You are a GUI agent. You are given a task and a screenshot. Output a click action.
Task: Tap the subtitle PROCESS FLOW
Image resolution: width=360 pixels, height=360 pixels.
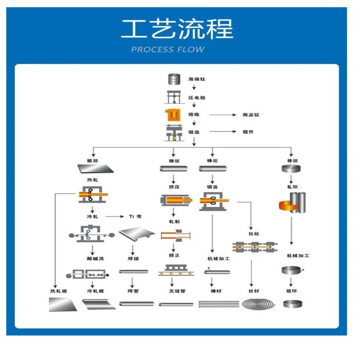[x=168, y=49]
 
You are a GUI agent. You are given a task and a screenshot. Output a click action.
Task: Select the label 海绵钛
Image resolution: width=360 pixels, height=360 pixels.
[x=196, y=79]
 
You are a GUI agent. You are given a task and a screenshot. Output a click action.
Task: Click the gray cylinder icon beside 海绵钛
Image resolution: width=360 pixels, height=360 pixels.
[x=173, y=79]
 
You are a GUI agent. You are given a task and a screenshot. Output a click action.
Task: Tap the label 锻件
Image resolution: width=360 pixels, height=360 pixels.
[x=248, y=132]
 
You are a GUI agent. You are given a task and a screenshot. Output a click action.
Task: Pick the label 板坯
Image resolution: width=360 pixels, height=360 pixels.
[x=92, y=160]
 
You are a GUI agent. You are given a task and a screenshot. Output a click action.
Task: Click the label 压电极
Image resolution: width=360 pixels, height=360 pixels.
[x=196, y=98]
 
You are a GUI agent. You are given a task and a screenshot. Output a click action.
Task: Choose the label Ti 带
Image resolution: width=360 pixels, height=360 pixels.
[x=135, y=216]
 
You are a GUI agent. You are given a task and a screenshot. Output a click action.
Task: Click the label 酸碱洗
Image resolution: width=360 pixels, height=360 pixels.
[x=96, y=259]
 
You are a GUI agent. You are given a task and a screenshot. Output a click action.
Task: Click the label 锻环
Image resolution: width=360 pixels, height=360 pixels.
[x=292, y=291]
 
